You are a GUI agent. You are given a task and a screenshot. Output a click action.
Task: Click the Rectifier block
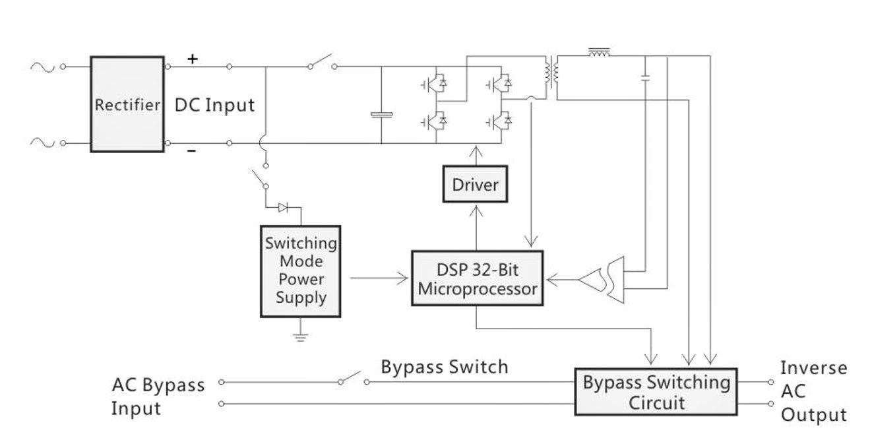pyautogui.click(x=127, y=104)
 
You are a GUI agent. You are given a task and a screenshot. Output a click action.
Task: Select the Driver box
pyautogui.click(x=475, y=185)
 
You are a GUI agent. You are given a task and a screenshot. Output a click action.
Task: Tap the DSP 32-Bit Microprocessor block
pyautogui.click(x=477, y=278)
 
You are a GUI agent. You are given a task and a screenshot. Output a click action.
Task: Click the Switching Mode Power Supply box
pyautogui.click(x=301, y=270)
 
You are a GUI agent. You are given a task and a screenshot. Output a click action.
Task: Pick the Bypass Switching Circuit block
pyautogui.click(x=656, y=391)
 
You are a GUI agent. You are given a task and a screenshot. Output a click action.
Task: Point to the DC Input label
pyautogui.click(x=214, y=105)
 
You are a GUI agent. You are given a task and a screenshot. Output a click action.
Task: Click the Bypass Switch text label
pyautogui.click(x=445, y=367)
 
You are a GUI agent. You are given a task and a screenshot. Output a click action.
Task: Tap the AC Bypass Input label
pyautogui.click(x=158, y=396)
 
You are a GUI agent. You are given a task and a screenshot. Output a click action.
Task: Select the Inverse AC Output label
pyautogui.click(x=813, y=391)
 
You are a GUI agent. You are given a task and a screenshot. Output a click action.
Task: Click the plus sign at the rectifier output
pyautogui.click(x=192, y=59)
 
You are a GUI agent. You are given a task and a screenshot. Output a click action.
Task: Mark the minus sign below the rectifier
pyautogui.click(x=191, y=151)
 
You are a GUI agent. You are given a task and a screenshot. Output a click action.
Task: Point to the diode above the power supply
pyautogui.click(x=284, y=208)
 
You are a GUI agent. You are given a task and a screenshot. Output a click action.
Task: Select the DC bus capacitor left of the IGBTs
pyautogui.click(x=381, y=115)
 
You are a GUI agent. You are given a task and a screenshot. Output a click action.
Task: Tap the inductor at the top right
pyautogui.click(x=599, y=52)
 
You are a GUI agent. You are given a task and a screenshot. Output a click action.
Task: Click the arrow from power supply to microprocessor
pyautogui.click(x=379, y=278)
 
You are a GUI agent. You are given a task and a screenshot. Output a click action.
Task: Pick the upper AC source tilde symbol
pyautogui.click(x=40, y=66)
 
